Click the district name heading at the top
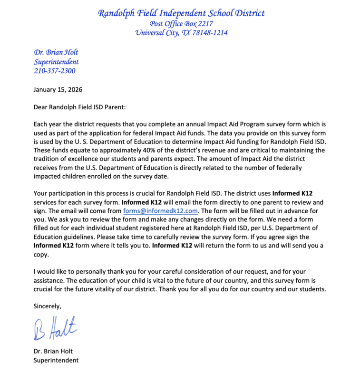pyautogui.click(x=181, y=13)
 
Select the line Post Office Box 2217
pyautogui.click(x=181, y=24)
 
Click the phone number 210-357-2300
pyautogui.click(x=54, y=71)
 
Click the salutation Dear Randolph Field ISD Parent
pyautogui.click(x=79, y=108)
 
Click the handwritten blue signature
pyautogui.click(x=55, y=328)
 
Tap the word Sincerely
pyautogui.click(x=48, y=306)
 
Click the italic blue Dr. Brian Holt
pyautogui.click(x=56, y=52)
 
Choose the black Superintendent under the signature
pyautogui.click(x=56, y=360)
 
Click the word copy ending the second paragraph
pyautogui.click(x=42, y=254)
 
